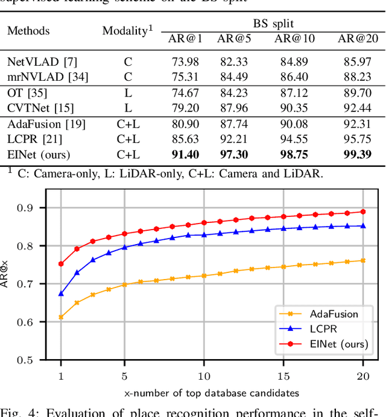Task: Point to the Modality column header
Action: [126, 30]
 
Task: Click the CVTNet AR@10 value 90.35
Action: [292, 108]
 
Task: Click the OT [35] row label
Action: [27, 93]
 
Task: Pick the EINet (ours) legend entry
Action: [327, 344]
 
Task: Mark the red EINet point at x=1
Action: [61, 264]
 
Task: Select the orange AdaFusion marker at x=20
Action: [362, 260]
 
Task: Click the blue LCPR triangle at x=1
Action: [61, 293]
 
